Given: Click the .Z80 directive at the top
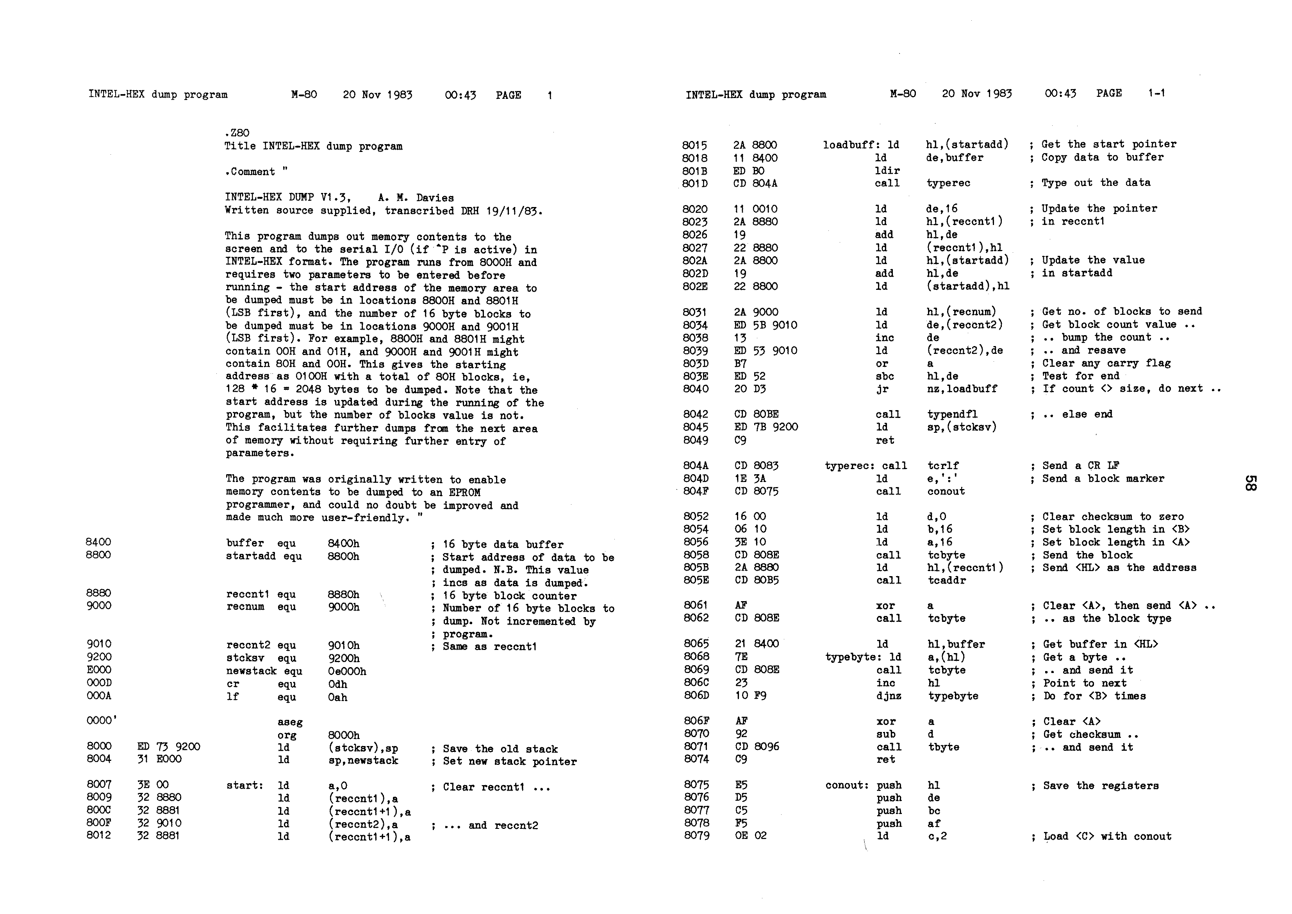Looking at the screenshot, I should [237, 133].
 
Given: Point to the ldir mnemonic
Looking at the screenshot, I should [887, 171].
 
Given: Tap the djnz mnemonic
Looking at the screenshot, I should [889, 696].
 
